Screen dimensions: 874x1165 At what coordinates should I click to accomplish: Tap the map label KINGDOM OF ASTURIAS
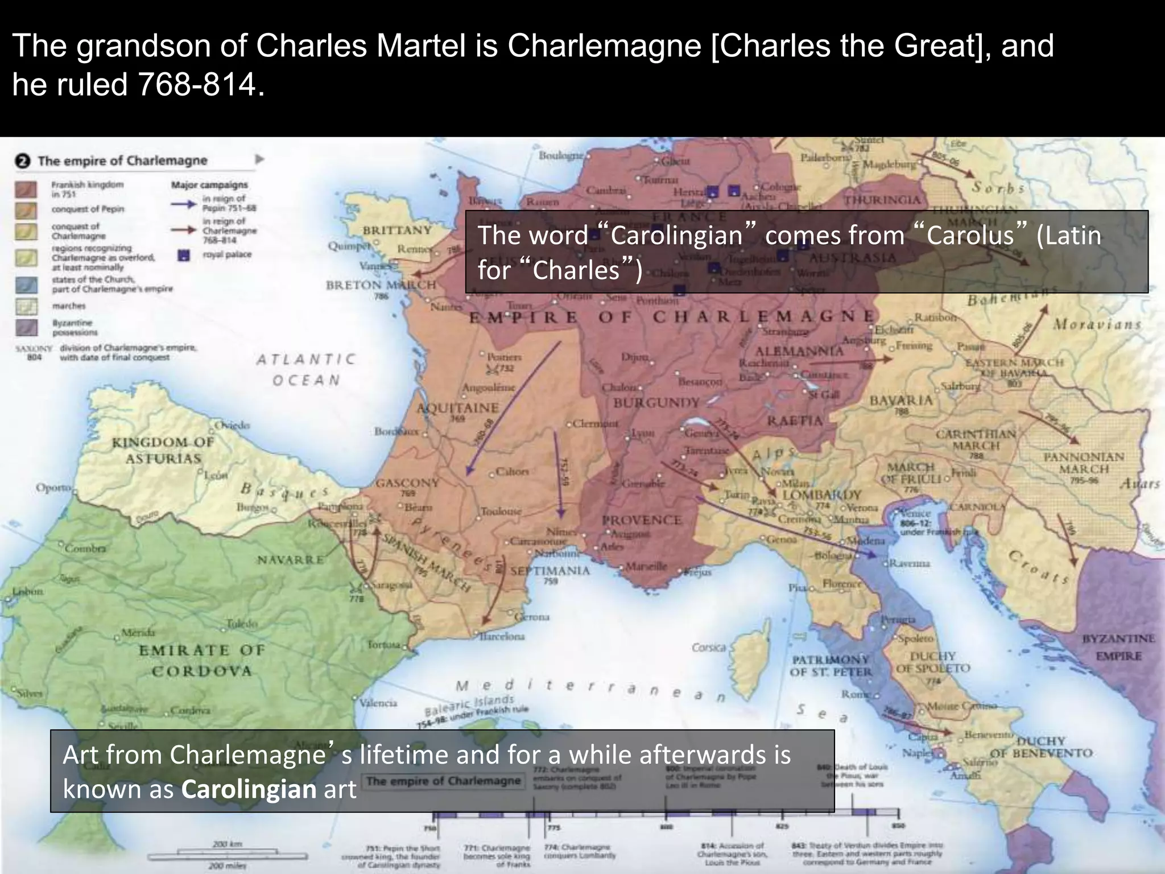point(163,450)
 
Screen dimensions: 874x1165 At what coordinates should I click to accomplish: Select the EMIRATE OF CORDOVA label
point(202,660)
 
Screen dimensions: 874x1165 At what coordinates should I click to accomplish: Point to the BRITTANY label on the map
point(398,230)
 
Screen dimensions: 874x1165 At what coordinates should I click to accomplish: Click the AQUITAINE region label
point(458,408)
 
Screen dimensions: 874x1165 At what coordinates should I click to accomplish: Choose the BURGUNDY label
point(656,403)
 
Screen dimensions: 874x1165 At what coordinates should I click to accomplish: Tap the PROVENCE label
point(642,520)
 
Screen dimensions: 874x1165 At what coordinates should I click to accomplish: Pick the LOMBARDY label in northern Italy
point(822,494)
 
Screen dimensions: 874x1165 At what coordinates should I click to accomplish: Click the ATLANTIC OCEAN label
point(306,369)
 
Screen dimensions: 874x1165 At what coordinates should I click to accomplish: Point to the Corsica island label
point(709,648)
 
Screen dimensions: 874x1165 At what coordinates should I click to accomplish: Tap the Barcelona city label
point(502,636)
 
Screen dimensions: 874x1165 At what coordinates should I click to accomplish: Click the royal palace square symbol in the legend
point(183,255)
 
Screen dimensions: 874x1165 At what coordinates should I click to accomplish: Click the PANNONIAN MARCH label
point(1084,463)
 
